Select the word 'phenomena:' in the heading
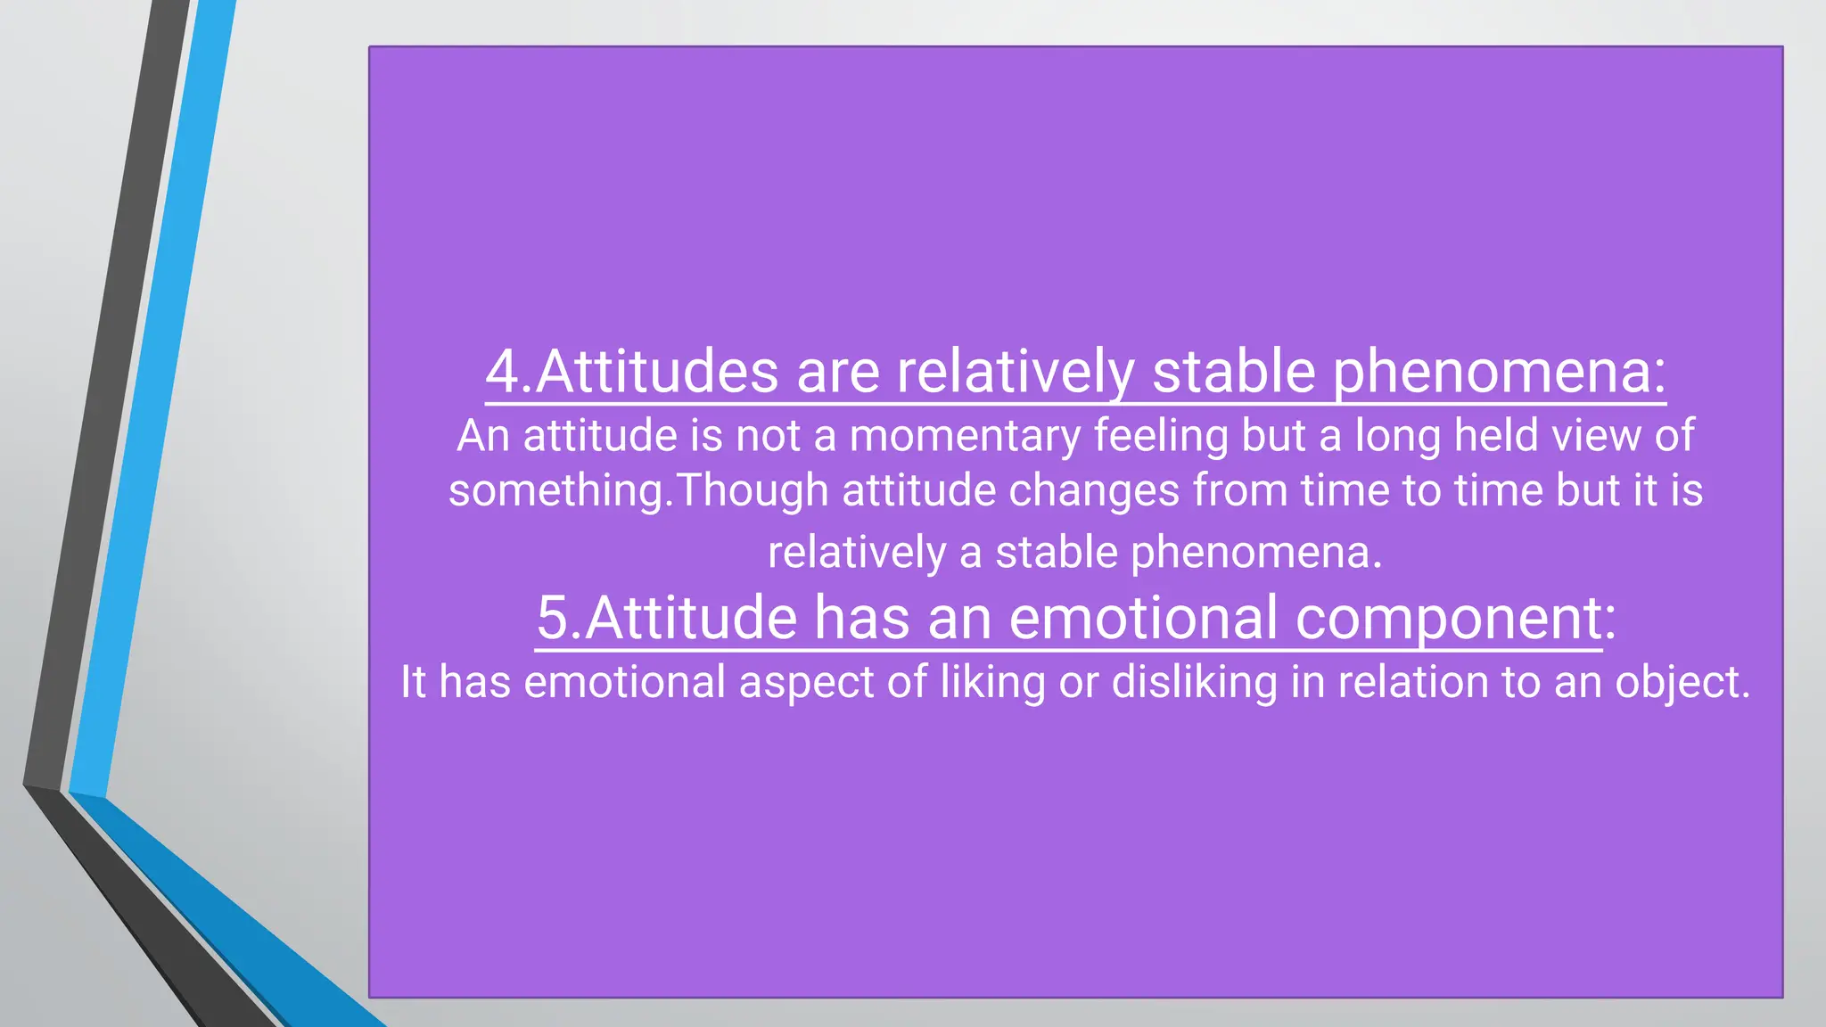[x=1499, y=372]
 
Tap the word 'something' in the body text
[x=556, y=491]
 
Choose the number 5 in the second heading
[x=553, y=618]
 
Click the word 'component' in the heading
[x=1448, y=618]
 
